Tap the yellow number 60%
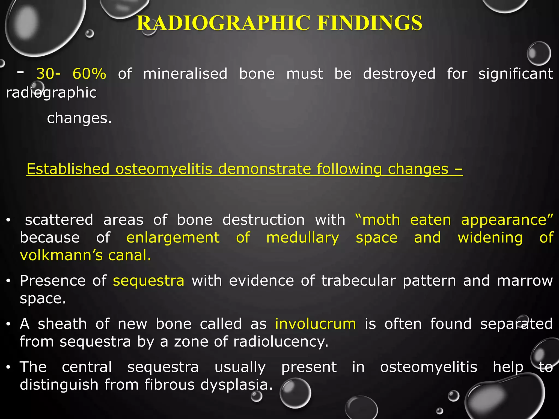point(89,74)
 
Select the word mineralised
point(185,74)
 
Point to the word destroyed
point(399,74)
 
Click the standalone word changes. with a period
point(79,118)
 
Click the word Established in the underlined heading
point(68,169)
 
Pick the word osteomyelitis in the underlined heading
point(164,169)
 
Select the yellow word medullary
point(302,238)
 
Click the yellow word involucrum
point(315,324)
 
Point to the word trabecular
point(358,281)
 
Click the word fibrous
point(169,385)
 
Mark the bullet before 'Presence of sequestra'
point(9,281)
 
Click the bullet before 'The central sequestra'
point(9,367)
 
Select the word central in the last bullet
point(87,367)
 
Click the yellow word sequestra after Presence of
point(148,281)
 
